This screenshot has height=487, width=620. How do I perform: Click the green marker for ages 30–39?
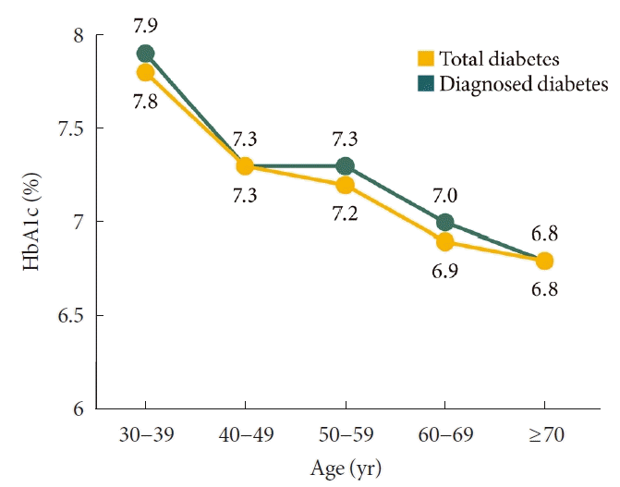coord(145,54)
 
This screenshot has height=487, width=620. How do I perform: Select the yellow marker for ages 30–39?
coord(145,73)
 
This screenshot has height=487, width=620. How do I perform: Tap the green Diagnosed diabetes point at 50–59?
coord(345,166)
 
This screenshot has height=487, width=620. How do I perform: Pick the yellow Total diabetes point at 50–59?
coord(345,185)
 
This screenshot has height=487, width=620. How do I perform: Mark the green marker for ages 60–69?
coord(444,222)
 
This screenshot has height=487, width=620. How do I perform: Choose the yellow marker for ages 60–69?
coord(444,242)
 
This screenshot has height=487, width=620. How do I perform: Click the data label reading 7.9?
coord(145,19)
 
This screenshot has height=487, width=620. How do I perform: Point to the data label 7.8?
coord(145,103)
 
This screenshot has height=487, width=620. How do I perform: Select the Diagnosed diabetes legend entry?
coord(512,84)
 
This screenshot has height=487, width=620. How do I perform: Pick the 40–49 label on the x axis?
coord(245,433)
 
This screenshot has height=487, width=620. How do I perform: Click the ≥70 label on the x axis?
coord(544,433)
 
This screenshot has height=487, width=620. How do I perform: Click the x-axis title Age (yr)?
coord(344,468)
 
